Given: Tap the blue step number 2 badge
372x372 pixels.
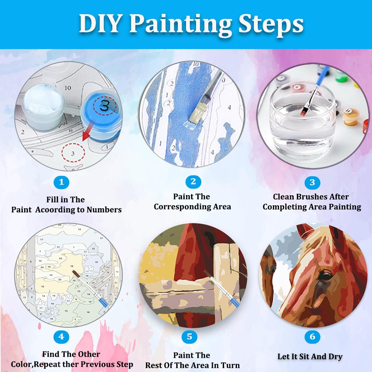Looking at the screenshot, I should [x=193, y=182].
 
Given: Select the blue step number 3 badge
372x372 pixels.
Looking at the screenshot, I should [x=312, y=182].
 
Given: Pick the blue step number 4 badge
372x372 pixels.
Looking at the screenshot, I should [x=61, y=337].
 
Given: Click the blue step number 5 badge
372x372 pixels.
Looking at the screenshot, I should [x=189, y=337].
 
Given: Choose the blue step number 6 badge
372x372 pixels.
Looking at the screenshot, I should [x=312, y=337].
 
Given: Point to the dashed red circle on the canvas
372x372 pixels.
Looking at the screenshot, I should [x=73, y=152].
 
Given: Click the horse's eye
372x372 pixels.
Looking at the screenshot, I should [x=325, y=276].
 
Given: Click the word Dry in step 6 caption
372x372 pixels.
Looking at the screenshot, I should [x=335, y=356].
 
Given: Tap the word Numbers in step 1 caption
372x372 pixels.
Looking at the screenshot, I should [x=104, y=209].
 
